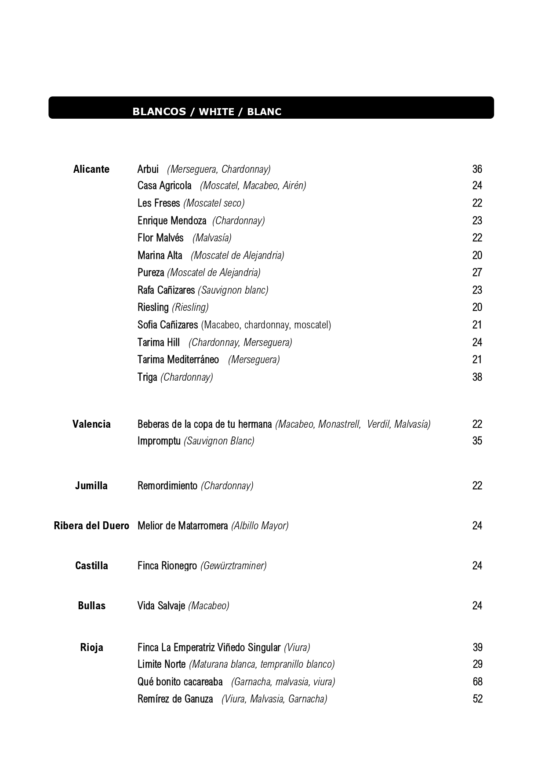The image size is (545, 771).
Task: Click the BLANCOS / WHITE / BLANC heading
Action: tap(207, 112)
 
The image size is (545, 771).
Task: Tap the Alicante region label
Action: tap(91, 169)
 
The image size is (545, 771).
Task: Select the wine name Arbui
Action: tap(148, 169)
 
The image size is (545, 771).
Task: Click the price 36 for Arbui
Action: tap(477, 169)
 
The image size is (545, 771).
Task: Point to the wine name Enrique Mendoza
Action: tap(171, 221)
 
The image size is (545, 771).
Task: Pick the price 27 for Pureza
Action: tap(477, 273)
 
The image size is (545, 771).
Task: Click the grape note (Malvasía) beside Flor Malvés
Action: tap(212, 238)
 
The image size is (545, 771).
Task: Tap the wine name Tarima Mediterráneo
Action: tap(178, 360)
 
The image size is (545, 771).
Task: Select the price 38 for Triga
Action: tap(477, 377)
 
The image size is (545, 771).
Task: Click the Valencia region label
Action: tap(91, 424)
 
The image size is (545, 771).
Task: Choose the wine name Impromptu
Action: tap(159, 441)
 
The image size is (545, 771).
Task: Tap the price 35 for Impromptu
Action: tap(477, 441)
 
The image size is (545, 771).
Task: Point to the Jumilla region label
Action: tap(91, 486)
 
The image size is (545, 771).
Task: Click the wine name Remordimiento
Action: tap(167, 486)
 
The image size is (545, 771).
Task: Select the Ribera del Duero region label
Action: tap(91, 526)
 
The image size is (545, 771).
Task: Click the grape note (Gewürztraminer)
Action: tap(233, 566)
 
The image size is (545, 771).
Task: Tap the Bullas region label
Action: tap(91, 606)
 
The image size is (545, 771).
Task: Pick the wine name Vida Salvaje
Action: tap(161, 606)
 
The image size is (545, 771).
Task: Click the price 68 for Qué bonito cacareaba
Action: tap(477, 682)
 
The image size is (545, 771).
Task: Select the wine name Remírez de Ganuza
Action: tap(175, 699)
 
